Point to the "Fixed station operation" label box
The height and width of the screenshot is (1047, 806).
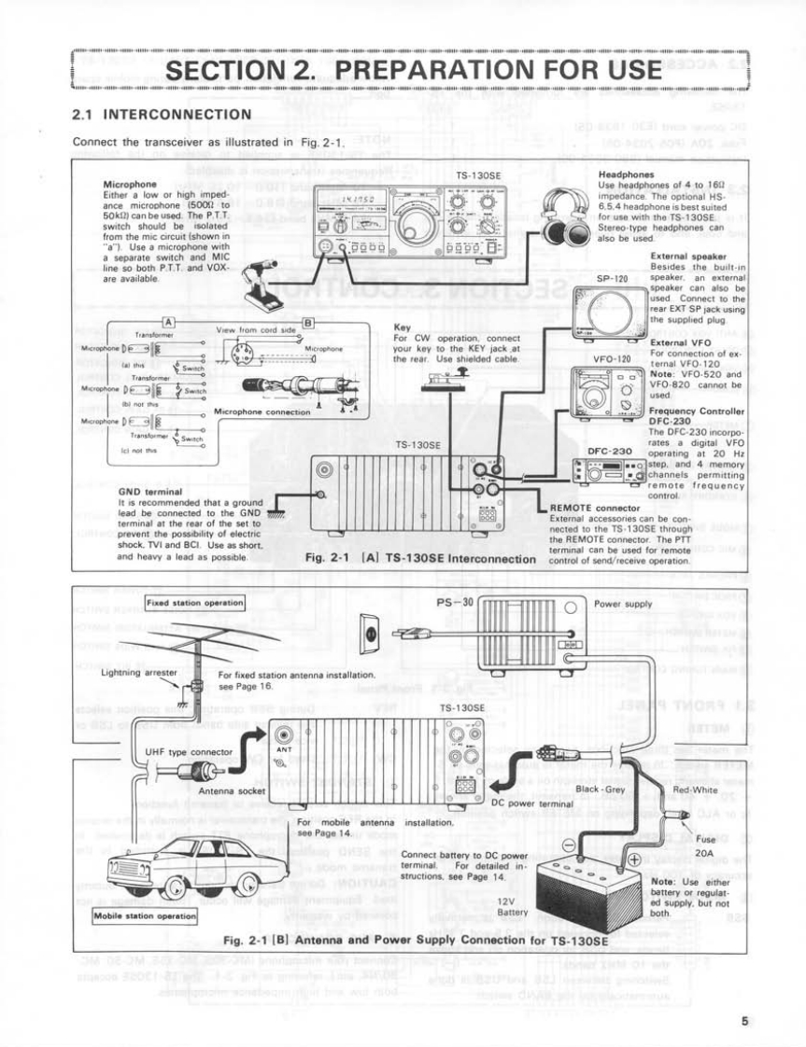[194, 602]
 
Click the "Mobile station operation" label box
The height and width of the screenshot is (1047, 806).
[146, 915]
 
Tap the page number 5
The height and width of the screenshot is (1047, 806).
[744, 1020]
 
